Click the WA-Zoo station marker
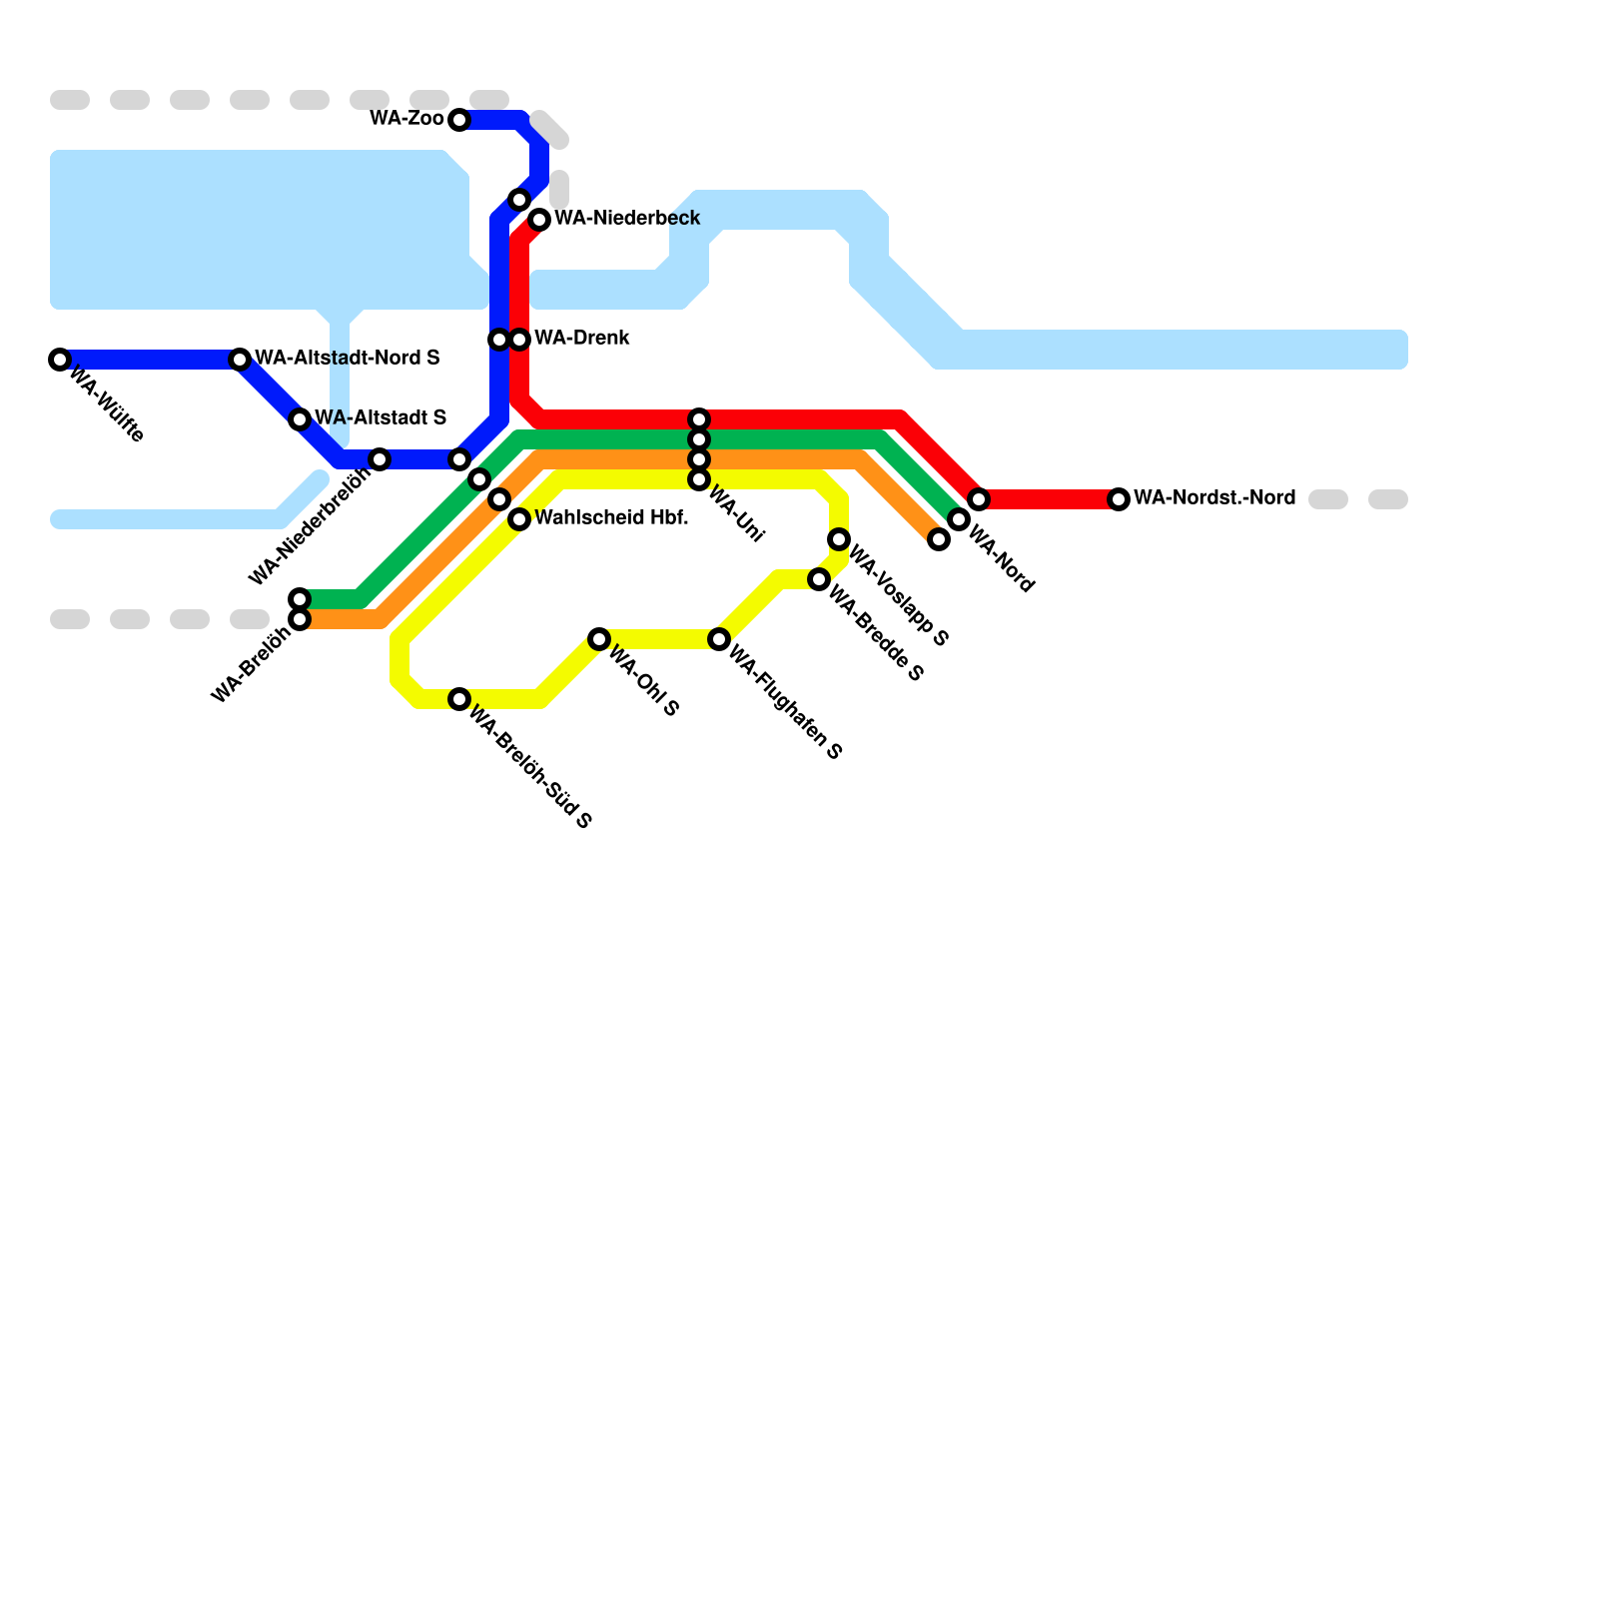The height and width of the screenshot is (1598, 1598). (x=459, y=120)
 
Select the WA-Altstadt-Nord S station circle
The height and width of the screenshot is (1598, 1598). (x=240, y=360)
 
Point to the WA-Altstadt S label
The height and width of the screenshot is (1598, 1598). (x=381, y=417)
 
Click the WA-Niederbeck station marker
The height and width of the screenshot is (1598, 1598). (x=539, y=220)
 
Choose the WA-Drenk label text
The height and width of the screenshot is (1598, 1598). (x=582, y=339)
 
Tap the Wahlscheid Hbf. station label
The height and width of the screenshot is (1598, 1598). (x=611, y=518)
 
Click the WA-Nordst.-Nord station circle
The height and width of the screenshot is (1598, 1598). (x=1119, y=499)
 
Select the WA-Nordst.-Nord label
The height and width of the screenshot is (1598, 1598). (x=1214, y=497)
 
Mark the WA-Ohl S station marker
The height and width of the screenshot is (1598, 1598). (x=599, y=639)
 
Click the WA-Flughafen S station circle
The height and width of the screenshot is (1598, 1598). (x=719, y=639)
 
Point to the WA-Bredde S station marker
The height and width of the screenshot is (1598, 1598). (x=819, y=579)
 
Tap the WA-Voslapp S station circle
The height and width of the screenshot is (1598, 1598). (x=839, y=539)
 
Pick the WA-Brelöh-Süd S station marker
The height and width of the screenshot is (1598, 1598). (x=459, y=699)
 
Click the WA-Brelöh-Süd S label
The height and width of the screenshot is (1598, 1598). (x=530, y=767)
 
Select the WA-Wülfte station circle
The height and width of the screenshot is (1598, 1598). (x=60, y=360)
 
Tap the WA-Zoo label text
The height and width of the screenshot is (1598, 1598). (x=406, y=119)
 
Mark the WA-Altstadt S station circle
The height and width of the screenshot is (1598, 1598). (x=300, y=419)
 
